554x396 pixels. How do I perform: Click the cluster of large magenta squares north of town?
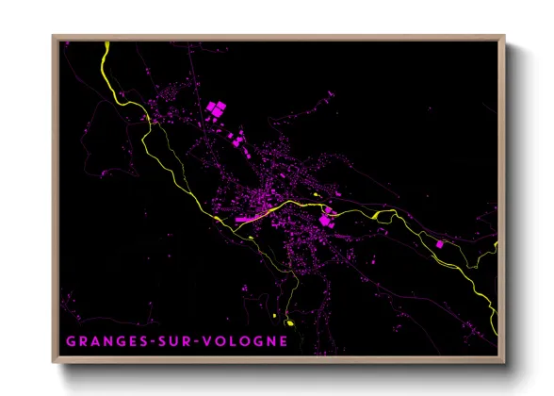point(216,110)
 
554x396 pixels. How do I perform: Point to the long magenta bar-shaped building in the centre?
point(249,218)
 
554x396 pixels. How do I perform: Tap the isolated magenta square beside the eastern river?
point(438,243)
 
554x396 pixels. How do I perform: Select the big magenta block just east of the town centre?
point(325,220)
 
